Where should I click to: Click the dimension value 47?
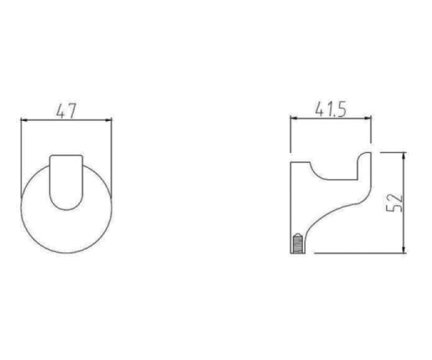[66, 111]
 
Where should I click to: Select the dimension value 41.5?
[330, 109]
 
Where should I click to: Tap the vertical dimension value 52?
[395, 203]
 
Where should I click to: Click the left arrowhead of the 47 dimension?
[24, 120]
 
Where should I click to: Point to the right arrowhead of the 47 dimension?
[109, 120]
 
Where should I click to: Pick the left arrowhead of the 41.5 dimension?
[294, 118]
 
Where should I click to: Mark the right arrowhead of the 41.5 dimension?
[368, 118]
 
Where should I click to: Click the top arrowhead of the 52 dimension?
[404, 156]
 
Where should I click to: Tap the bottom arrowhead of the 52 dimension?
[404, 249]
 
